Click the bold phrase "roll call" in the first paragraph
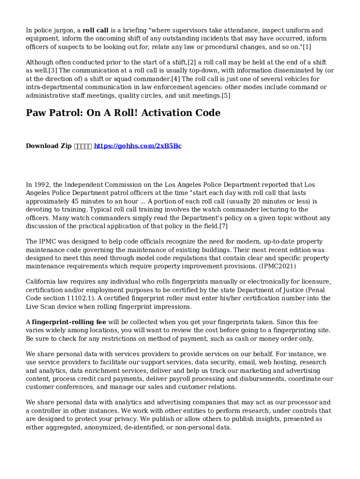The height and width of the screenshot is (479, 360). pos(95,30)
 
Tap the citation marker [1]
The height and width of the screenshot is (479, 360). pos(306,47)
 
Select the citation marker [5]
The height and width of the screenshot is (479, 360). pos(226,95)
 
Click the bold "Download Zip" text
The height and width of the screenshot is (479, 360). pos(49,146)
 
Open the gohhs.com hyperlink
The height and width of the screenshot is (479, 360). pos(137,146)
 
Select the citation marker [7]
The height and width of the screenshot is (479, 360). pos(223,226)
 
